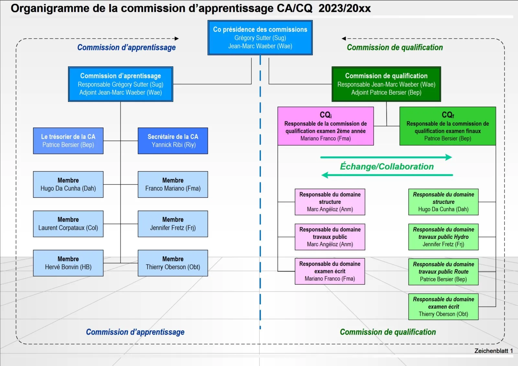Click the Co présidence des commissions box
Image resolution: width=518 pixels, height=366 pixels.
click(260, 38)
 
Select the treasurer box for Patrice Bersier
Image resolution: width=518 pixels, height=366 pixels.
click(68, 141)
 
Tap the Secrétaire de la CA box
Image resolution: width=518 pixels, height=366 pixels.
click(173, 141)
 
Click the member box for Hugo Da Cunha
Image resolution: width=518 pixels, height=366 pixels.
click(68, 184)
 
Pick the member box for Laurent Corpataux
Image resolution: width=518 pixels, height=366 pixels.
click(68, 224)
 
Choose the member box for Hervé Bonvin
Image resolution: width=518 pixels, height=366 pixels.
click(68, 263)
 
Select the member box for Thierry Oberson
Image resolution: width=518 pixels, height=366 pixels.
click(173, 263)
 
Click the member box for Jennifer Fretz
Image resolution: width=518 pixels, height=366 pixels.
click(173, 224)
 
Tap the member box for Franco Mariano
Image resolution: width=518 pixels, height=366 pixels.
click(173, 184)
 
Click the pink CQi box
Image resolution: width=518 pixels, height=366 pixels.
click(325, 126)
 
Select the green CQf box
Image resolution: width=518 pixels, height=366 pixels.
click(447, 126)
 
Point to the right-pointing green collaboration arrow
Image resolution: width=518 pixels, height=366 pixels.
click(386, 157)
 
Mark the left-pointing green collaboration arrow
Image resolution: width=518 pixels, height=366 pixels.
click(387, 175)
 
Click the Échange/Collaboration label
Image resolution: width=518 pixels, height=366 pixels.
click(387, 166)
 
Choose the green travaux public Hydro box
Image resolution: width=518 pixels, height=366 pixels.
click(443, 237)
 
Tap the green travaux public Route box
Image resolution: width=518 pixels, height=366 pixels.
click(443, 272)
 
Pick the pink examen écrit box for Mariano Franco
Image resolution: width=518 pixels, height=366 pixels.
click(330, 271)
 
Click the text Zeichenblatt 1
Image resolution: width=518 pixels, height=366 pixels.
click(493, 351)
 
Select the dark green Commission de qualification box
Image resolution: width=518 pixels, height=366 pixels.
click(386, 84)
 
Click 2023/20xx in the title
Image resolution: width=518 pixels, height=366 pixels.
click(344, 8)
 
